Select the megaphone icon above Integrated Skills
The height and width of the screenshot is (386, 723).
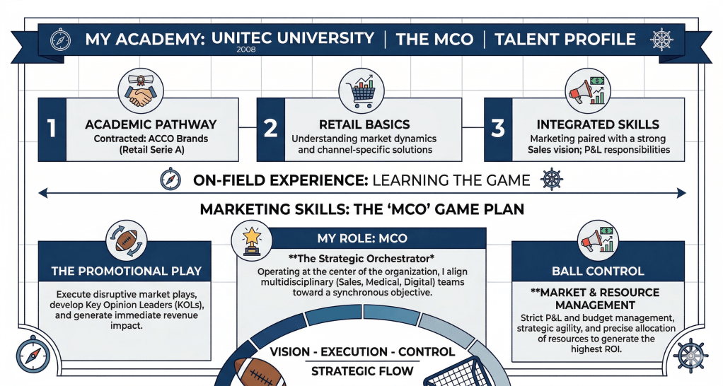tap(587, 91)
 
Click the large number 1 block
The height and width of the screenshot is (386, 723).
tap(52, 129)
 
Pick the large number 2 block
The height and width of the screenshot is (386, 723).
tap(271, 129)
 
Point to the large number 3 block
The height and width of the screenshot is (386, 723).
tap(498, 129)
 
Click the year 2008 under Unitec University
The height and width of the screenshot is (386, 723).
tap(245, 49)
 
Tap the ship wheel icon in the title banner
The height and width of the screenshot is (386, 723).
tap(661, 40)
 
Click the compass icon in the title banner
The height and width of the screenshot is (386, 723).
tap(60, 40)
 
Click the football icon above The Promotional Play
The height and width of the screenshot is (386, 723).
tap(127, 241)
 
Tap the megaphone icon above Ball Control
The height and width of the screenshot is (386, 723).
tap(598, 240)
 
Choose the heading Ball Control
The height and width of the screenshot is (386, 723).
tap(598, 271)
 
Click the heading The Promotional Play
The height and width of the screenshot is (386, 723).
tap(127, 271)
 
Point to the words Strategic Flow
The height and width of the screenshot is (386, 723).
tap(362, 371)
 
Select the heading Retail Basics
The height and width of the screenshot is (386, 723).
tap(364, 124)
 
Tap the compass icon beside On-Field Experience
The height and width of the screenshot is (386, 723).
tap(170, 179)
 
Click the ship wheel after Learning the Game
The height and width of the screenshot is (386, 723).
tap(552, 179)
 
